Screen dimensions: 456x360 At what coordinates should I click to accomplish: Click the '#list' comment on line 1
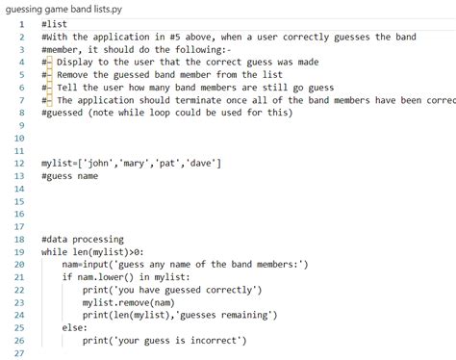pyautogui.click(x=55, y=24)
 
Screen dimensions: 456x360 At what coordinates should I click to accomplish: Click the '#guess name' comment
pyautogui.click(x=69, y=176)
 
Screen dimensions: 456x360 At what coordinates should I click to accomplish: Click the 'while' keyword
pyautogui.click(x=55, y=251)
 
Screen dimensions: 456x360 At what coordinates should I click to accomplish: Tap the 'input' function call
pyautogui.click(x=97, y=264)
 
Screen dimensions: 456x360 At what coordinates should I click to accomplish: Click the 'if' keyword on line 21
pyautogui.click(x=67, y=276)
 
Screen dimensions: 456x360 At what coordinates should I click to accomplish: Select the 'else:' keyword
pyautogui.click(x=74, y=327)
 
